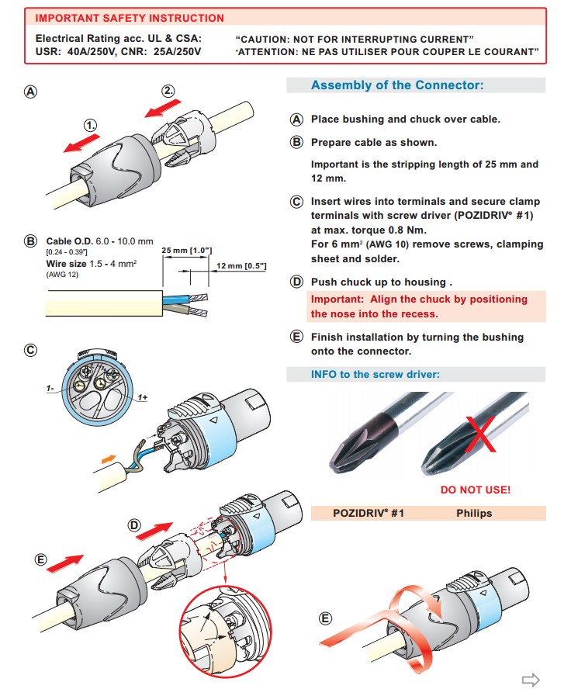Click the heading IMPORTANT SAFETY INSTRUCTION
click(130, 18)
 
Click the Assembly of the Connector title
click(396, 85)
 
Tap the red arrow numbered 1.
click(81, 142)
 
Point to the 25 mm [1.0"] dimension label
click(187, 251)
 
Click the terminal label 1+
click(143, 398)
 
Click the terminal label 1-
click(49, 386)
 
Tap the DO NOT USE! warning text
click(475, 490)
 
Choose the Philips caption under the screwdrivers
click(474, 513)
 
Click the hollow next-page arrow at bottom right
click(531, 677)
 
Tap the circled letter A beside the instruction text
click(296, 119)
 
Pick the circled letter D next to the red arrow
click(134, 525)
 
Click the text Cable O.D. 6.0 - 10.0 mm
click(100, 241)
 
